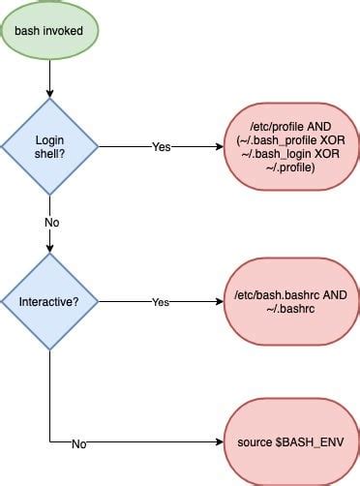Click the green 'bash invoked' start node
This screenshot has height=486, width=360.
coord(48,32)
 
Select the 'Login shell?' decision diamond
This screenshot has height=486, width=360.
coord(48,147)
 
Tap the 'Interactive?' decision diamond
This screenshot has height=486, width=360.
coord(48,302)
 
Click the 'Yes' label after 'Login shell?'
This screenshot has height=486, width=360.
coord(162,147)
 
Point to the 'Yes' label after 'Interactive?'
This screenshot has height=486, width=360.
coord(162,302)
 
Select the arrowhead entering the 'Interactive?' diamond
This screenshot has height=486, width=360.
coord(48,249)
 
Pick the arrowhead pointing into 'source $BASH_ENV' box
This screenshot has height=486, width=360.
coord(218,443)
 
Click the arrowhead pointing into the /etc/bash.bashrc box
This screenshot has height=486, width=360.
coord(218,302)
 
